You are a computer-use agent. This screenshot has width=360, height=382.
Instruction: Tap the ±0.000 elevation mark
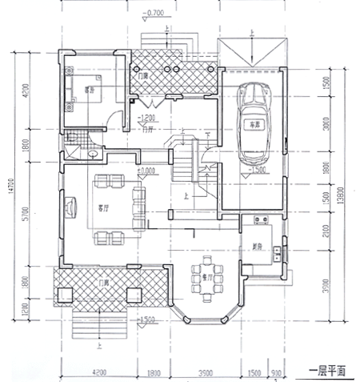[x=146, y=171]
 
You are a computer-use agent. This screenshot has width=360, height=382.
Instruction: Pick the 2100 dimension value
[x=328, y=232]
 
